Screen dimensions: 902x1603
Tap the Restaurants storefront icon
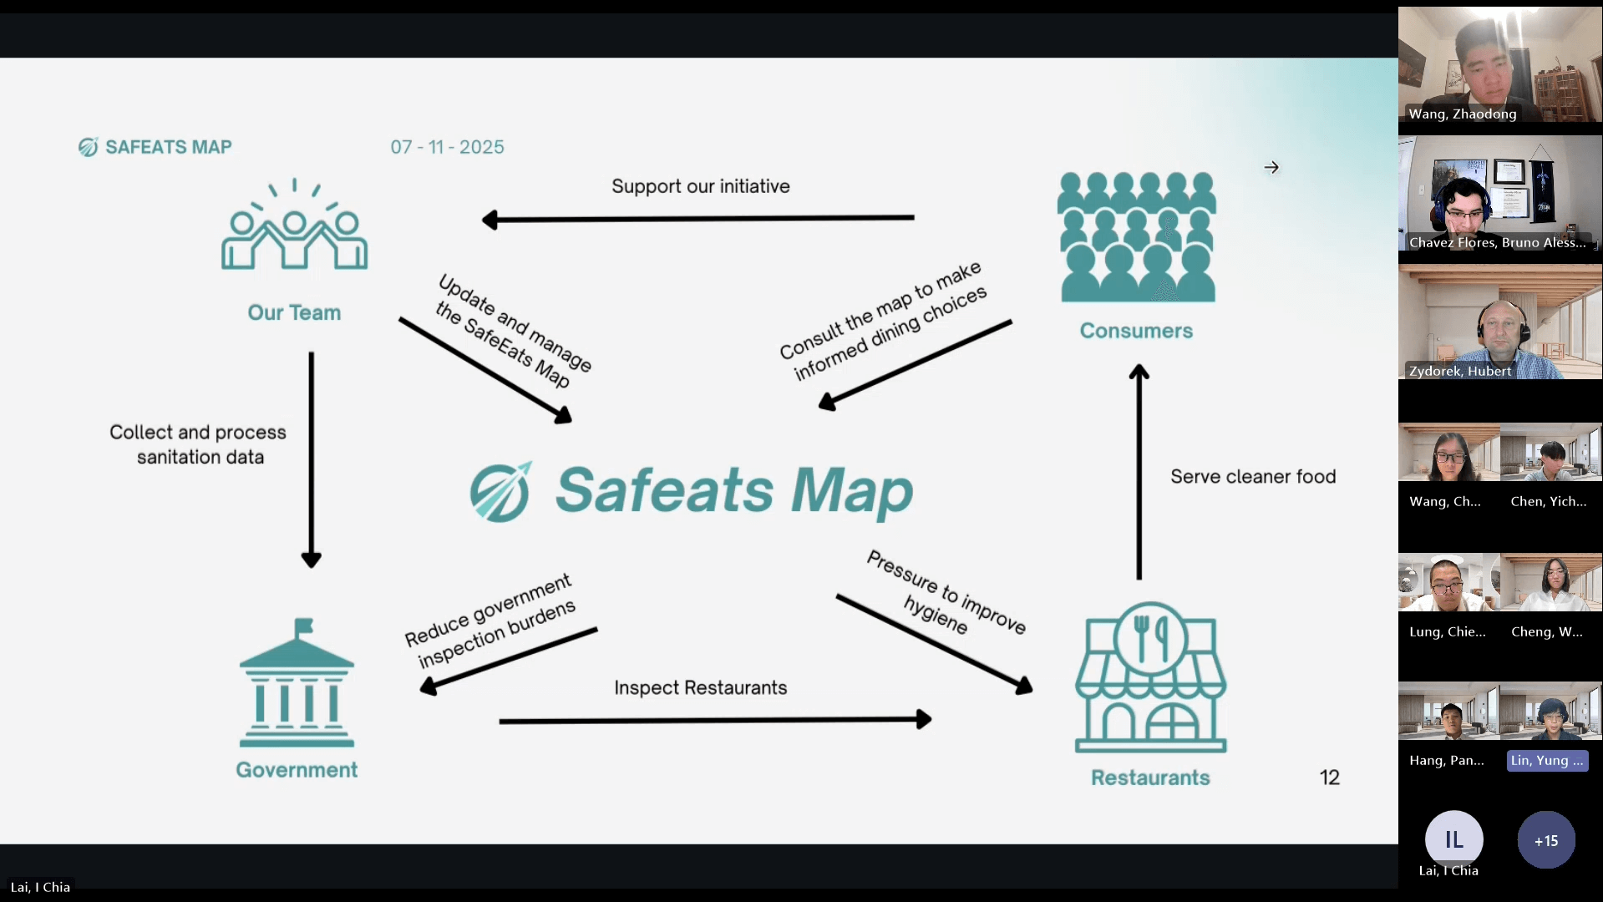point(1150,677)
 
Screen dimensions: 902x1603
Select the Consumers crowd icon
point(1137,237)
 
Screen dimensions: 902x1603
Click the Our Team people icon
point(294,225)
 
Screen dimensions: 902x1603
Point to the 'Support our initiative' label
point(700,186)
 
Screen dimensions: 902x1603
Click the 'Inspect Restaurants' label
point(700,687)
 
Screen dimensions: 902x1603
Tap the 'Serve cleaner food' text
point(1252,477)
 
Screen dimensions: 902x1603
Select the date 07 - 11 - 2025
point(447,147)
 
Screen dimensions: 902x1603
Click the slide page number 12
point(1329,778)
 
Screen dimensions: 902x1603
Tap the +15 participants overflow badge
point(1545,840)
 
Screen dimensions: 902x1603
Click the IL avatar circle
point(1453,839)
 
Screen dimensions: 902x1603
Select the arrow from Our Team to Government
point(312,459)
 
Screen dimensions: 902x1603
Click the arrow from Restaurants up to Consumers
point(1139,472)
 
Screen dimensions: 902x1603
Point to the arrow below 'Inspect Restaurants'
point(715,720)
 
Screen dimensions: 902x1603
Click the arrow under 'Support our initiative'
point(698,219)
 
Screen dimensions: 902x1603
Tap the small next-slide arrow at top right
point(1271,168)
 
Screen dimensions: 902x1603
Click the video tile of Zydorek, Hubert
point(1499,322)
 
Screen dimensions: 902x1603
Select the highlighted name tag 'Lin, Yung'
point(1547,761)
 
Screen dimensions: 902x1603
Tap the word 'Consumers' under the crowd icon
point(1136,331)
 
